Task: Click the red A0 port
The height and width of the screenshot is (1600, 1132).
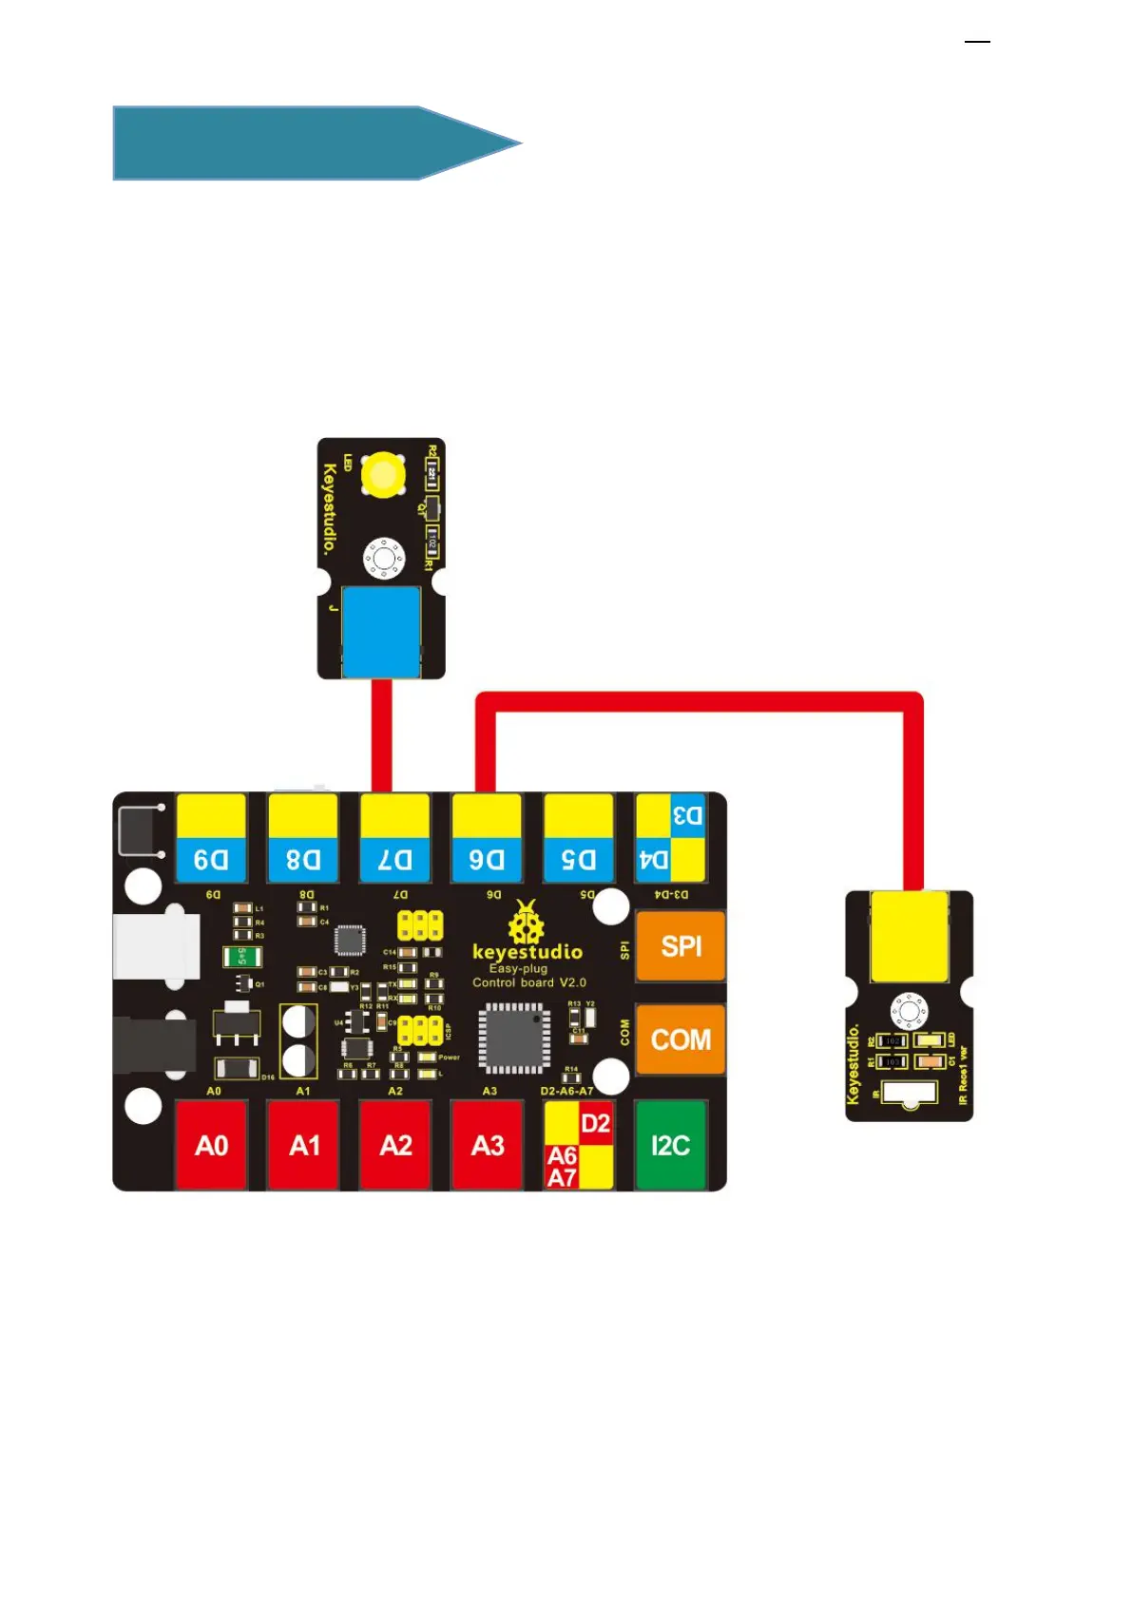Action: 211,1144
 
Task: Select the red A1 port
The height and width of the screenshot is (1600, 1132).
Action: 303,1144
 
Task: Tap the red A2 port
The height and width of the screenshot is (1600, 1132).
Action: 395,1144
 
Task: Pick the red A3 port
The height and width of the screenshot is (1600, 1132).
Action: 487,1144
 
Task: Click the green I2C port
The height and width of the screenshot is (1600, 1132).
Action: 670,1144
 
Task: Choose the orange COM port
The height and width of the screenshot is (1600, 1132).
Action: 680,1038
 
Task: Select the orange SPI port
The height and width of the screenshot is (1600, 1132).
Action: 680,946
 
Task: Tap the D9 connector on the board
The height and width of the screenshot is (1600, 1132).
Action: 211,839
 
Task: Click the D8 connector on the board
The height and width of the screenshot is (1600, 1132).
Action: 303,839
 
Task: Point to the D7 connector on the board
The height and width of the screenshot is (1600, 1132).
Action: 395,839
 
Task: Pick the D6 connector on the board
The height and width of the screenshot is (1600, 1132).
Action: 487,839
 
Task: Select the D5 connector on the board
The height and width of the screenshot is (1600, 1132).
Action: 578,839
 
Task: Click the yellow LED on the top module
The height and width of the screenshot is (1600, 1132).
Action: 384,474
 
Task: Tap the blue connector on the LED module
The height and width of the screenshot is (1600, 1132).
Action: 380,631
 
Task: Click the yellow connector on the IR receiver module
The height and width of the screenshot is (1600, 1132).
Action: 909,935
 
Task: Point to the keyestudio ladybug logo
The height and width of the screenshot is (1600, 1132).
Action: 527,922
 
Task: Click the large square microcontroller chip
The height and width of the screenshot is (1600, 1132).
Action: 514,1038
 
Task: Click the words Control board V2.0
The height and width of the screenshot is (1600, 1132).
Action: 529,982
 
